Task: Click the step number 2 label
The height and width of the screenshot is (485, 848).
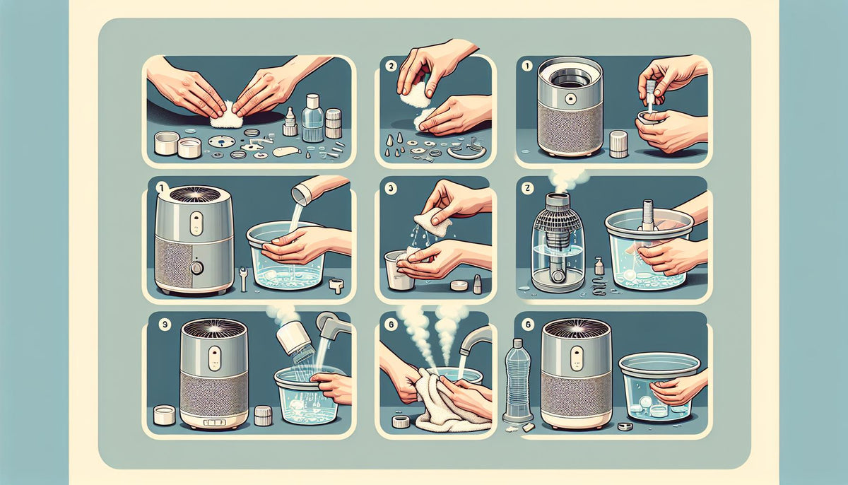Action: click(390, 68)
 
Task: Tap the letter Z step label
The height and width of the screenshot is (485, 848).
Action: click(526, 189)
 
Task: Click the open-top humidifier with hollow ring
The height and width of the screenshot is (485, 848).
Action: click(570, 106)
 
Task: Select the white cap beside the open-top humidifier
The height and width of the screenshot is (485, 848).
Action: click(618, 144)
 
